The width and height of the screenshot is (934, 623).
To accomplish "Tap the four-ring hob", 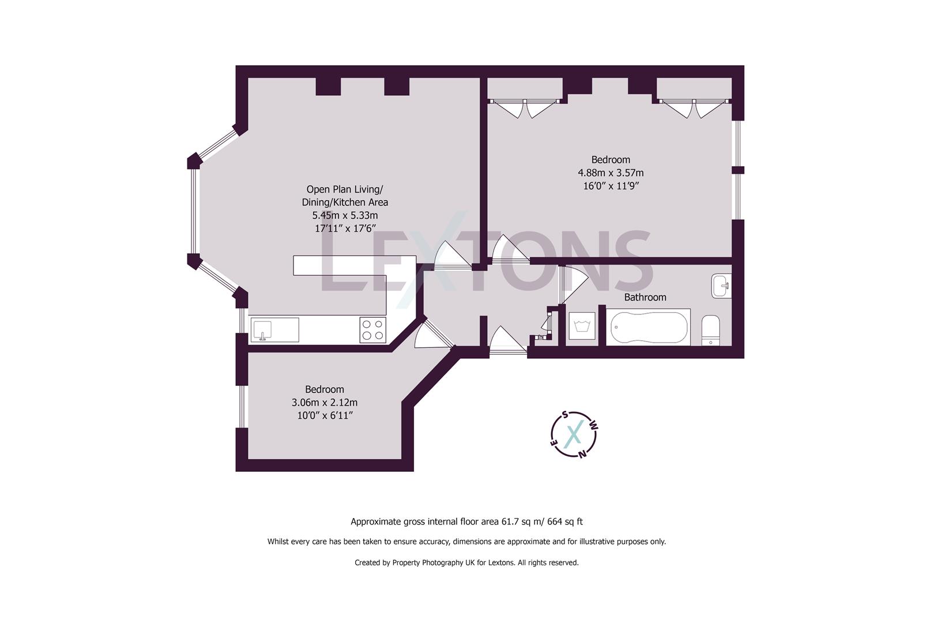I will pyautogui.click(x=373, y=330).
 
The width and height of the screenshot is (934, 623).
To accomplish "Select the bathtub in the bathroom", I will pyautogui.click(x=648, y=328).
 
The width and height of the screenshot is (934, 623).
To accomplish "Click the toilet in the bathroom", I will pyautogui.click(x=710, y=330).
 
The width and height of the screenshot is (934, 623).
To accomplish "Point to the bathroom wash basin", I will pyautogui.click(x=721, y=286).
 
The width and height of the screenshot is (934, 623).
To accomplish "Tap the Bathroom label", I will pyautogui.click(x=645, y=297).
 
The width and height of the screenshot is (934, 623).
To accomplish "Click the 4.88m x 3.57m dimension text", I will pyautogui.click(x=611, y=172).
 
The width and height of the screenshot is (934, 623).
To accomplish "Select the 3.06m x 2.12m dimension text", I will pyautogui.click(x=325, y=403).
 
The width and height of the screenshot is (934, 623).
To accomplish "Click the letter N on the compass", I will pyautogui.click(x=582, y=453).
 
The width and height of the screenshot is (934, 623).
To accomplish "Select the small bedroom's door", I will pyautogui.click(x=430, y=336).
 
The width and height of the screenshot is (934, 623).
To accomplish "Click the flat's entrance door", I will pyautogui.click(x=507, y=340).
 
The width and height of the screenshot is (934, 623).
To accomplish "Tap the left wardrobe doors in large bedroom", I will pyautogui.click(x=525, y=109).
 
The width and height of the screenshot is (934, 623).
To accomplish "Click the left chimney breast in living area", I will pyautogui.click(x=328, y=87).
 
